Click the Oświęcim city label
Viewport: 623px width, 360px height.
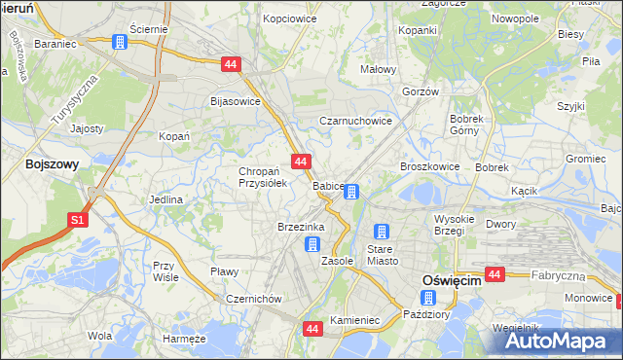click(x=452, y=279)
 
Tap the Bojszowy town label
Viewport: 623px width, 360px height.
click(x=52, y=165)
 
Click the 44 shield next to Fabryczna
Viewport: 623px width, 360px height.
click(x=495, y=275)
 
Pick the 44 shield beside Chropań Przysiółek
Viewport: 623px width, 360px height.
click(x=300, y=162)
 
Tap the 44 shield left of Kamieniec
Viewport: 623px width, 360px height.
click(x=311, y=330)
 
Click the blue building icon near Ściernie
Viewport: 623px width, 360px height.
click(x=120, y=43)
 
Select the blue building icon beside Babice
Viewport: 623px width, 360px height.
click(x=353, y=193)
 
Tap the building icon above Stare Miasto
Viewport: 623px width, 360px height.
click(x=382, y=233)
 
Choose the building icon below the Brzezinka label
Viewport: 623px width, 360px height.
click(x=311, y=244)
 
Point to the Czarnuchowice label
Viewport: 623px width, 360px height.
click(x=356, y=122)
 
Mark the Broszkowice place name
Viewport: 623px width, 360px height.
click(x=429, y=166)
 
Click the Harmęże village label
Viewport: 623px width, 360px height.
click(x=185, y=338)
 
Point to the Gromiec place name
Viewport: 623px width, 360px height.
click(x=585, y=159)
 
